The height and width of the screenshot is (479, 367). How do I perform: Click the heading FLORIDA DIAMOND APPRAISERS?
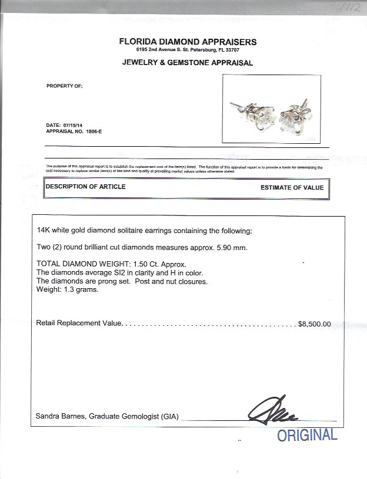pos(188,42)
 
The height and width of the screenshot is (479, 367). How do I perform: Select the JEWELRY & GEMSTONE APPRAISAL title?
pos(188,62)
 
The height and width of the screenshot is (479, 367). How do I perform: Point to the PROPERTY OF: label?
pos(65,86)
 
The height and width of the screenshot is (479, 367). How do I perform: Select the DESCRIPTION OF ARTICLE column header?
pos(86,187)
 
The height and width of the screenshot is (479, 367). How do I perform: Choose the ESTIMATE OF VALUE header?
pos(292,188)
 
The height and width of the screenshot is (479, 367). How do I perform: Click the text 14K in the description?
pos(44,232)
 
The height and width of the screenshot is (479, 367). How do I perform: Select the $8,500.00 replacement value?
pos(315,323)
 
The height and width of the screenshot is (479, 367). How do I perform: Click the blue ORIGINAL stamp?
pos(308,436)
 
